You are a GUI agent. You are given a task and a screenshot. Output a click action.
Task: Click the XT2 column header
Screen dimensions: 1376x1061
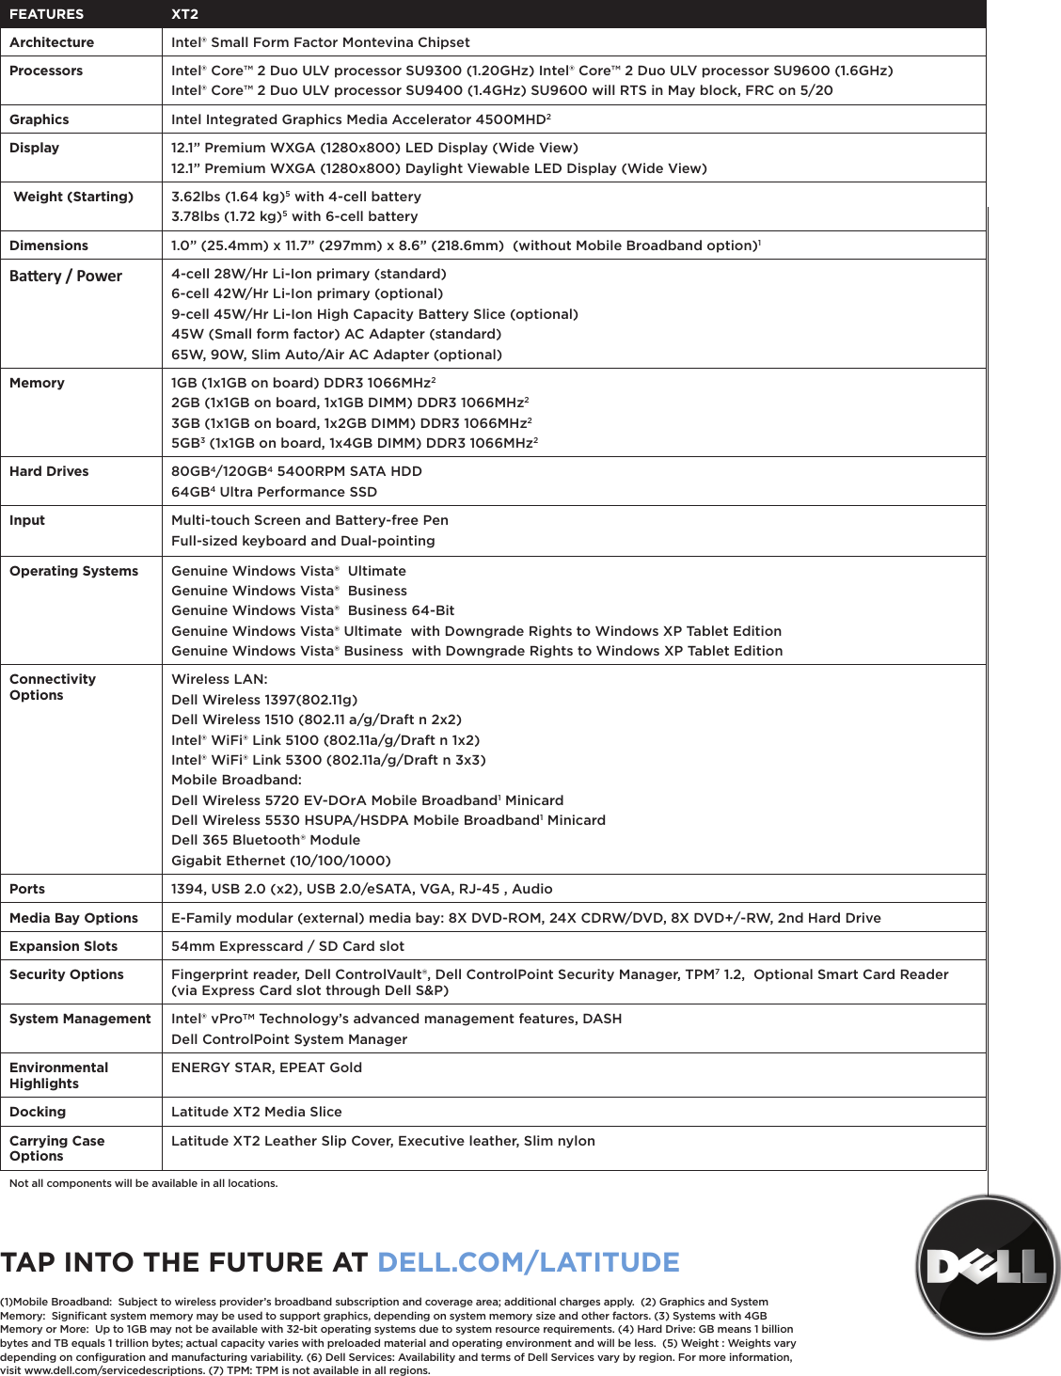point(184,14)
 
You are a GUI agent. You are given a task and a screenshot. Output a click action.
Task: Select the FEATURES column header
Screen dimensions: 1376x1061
point(46,14)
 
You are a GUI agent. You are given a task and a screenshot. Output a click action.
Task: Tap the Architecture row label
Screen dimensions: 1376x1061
point(52,42)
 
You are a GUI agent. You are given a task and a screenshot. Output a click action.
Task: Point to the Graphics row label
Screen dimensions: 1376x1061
point(40,119)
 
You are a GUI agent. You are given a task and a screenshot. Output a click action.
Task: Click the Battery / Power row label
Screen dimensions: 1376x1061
point(66,276)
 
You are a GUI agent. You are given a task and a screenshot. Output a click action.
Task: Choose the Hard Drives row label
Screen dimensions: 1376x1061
point(49,471)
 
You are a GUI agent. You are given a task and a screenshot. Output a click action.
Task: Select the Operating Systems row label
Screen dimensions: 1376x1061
point(73,571)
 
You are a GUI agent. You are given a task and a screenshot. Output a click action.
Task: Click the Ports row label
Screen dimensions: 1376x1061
point(27,889)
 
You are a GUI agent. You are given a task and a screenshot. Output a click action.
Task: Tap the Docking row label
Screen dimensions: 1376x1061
point(38,1112)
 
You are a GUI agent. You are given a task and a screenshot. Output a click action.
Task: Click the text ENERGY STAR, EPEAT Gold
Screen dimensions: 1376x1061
point(266,1068)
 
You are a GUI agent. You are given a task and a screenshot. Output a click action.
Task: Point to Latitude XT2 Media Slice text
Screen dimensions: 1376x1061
point(257,1112)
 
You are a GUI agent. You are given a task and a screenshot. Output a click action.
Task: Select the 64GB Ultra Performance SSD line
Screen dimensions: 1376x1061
point(274,492)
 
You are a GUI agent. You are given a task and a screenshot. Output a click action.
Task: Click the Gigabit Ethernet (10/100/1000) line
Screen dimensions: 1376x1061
point(281,861)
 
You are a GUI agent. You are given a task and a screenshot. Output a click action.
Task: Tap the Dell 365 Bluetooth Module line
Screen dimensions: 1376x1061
point(265,840)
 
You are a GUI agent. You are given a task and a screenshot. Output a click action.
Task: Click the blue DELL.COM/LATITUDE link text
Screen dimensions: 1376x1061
point(528,1262)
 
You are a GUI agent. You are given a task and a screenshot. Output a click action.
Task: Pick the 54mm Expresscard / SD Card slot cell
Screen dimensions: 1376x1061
point(288,946)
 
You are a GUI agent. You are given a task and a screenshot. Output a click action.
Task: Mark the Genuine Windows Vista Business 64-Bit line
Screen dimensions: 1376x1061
point(312,610)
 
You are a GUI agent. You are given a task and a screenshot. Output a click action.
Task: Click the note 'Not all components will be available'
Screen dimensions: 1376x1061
point(143,1183)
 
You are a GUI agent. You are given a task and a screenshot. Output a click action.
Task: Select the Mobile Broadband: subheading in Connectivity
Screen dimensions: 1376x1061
point(236,780)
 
